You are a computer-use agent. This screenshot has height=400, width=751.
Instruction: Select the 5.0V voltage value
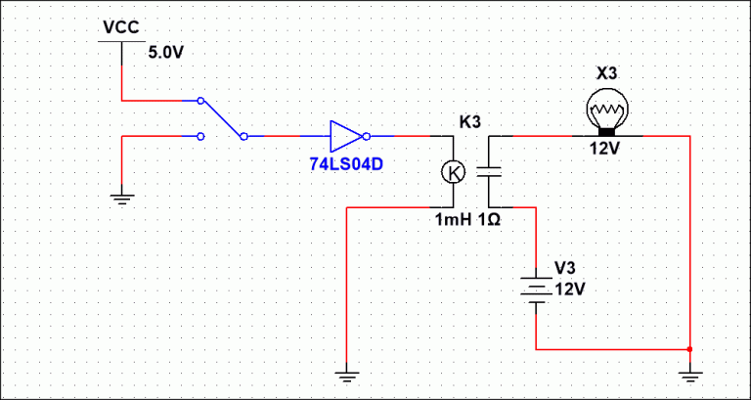165,53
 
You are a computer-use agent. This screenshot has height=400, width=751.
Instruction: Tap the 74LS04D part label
346,164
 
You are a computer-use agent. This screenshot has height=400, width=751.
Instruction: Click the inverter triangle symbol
346,137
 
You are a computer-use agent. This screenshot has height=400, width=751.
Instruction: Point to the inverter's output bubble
367,137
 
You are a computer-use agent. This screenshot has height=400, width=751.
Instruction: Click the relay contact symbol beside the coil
489,172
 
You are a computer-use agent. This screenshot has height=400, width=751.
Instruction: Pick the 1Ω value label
489,220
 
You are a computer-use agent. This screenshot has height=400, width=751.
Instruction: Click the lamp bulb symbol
607,113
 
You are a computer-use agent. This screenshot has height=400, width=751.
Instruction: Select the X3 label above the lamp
607,74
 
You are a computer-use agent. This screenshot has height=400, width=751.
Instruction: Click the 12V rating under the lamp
606,149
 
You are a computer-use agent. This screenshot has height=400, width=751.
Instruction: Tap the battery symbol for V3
536,289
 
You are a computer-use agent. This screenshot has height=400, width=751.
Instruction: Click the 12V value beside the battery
569,289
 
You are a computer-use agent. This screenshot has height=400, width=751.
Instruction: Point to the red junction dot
689,349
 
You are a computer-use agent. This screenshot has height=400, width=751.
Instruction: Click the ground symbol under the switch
122,199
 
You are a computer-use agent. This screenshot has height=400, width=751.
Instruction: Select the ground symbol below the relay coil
346,377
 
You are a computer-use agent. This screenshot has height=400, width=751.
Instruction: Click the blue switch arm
222,118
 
